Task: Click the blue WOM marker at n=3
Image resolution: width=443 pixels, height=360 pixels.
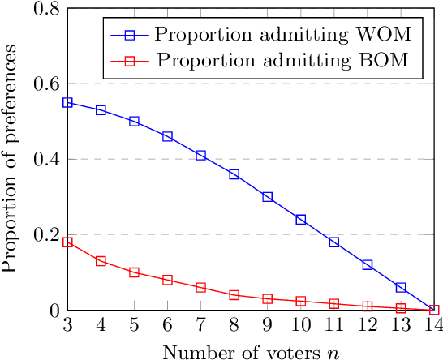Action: tap(67, 103)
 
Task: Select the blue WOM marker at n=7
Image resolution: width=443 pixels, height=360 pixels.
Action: tap(200, 156)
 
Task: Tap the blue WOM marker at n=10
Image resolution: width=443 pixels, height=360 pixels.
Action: tap(301, 220)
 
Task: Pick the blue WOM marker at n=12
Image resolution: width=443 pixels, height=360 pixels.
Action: tap(368, 265)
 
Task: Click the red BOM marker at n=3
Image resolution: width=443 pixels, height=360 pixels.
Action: tap(67, 242)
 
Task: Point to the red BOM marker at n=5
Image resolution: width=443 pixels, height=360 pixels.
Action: tap(134, 272)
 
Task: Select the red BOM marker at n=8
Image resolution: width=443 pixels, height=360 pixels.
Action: tap(234, 295)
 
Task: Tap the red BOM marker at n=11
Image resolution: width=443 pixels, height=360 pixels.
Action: tap(334, 304)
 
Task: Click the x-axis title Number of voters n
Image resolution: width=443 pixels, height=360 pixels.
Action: tap(251, 350)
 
